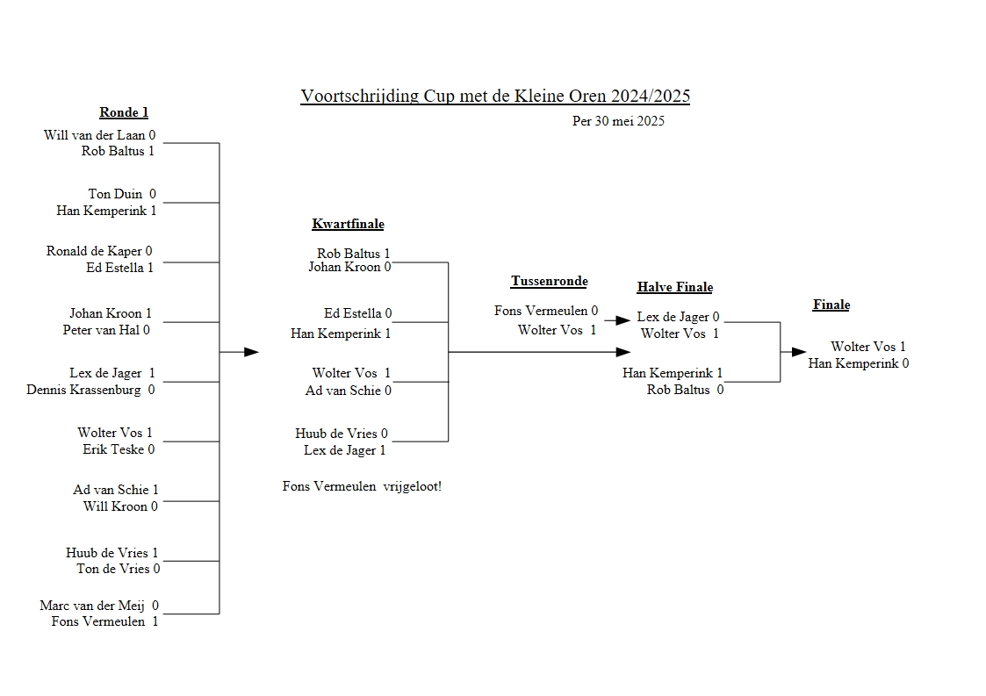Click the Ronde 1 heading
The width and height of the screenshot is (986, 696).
[124, 112]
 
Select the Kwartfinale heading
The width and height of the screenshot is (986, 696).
[348, 224]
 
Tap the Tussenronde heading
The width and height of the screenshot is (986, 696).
[549, 281]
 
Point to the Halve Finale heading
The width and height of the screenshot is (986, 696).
[674, 287]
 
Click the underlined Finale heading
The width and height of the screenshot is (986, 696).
[831, 305]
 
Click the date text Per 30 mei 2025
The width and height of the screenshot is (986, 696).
[618, 121]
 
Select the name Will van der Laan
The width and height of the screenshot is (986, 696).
[94, 135]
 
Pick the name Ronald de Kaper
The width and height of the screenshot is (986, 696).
[94, 251]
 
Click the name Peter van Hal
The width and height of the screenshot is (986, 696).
[101, 330]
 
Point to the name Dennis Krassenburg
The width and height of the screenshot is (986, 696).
[85, 390]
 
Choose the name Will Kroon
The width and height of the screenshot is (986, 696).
[116, 506]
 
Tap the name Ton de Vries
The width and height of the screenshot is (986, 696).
[113, 569]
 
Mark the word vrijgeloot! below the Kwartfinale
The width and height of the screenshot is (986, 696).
[413, 486]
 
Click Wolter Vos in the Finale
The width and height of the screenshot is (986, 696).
[862, 347]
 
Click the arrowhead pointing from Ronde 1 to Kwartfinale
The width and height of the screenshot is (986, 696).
[251, 352]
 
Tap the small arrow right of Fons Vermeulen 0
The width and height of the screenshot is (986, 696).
[623, 321]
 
